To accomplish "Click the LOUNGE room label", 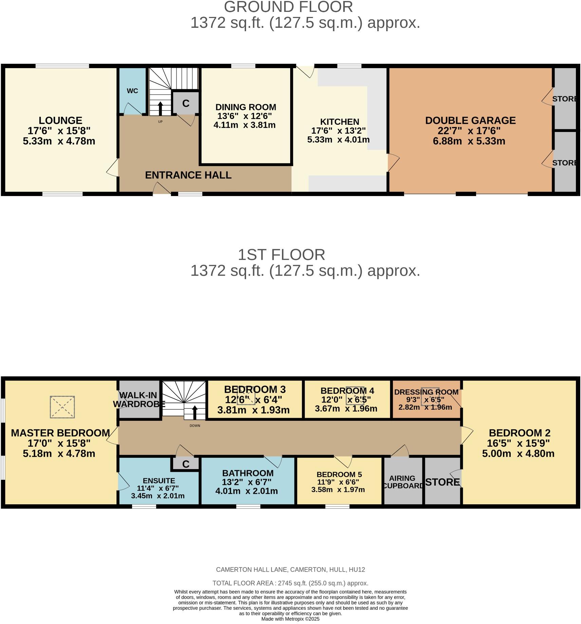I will (x=60, y=121).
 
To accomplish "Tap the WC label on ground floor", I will (x=132, y=91).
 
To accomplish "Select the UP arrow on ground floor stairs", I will (x=160, y=109).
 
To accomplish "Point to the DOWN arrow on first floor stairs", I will (x=195, y=413).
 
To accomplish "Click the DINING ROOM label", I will (x=246, y=107).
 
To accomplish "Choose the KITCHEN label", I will (x=339, y=122).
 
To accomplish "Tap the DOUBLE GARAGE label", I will (x=470, y=121).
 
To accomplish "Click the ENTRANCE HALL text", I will (x=188, y=175).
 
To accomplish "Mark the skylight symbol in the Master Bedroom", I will (x=62, y=407).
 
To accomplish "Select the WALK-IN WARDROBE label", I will (x=138, y=399).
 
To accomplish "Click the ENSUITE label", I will (x=159, y=481).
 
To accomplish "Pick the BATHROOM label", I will (x=248, y=473).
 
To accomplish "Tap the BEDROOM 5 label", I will (x=339, y=474).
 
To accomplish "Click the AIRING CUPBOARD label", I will (x=403, y=482).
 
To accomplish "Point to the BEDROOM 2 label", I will (x=519, y=433).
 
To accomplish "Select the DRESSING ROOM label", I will (x=426, y=392).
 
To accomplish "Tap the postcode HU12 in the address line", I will (x=357, y=569).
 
